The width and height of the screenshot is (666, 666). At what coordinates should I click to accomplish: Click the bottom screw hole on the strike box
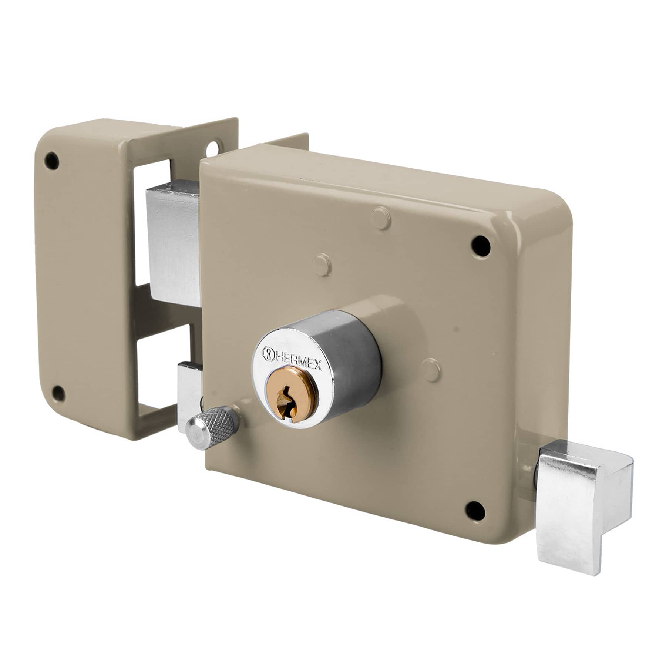point(58,391)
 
